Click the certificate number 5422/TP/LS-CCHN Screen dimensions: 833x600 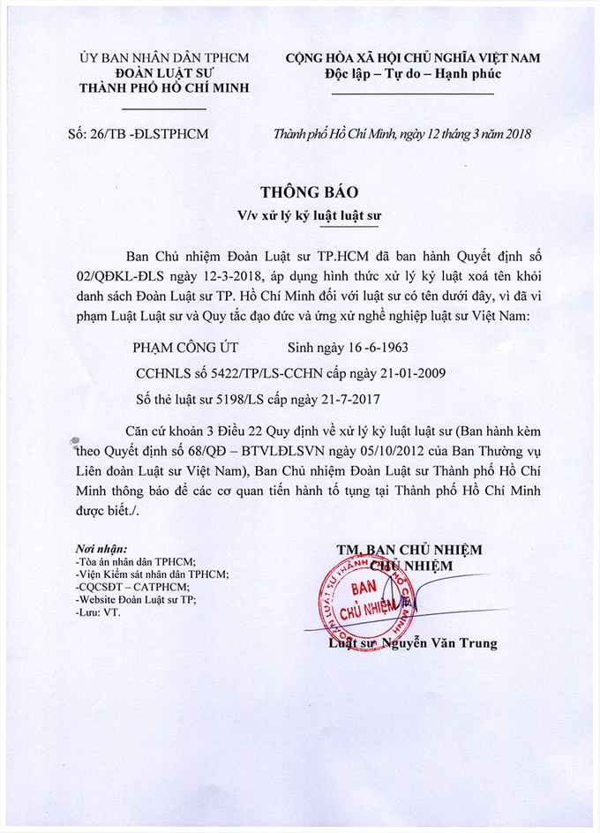[280, 373]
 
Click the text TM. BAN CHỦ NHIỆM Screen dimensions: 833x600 [409, 550]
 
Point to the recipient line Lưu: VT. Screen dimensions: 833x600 [98, 612]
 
